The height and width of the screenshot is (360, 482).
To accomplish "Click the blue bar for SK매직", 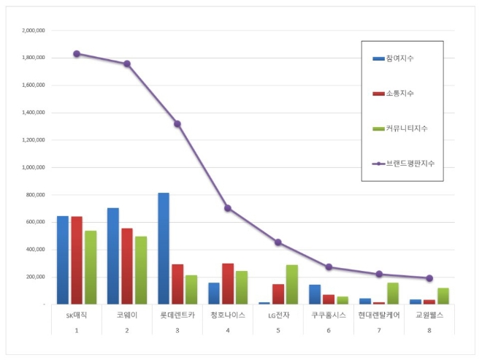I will pos(63,259).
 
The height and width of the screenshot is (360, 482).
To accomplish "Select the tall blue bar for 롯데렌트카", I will pos(164,248).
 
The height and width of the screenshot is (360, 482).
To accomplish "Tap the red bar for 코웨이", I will pos(127,266).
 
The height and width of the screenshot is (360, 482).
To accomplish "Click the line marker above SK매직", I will pos(77,53).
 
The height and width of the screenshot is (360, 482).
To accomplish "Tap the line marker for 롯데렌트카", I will pos(177,123).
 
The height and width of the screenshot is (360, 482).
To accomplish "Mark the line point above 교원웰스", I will pos(429,278).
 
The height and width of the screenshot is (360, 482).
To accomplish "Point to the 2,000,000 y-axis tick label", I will pos(32,31).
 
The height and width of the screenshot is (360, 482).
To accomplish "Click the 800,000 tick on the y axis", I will pos(34,195).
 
